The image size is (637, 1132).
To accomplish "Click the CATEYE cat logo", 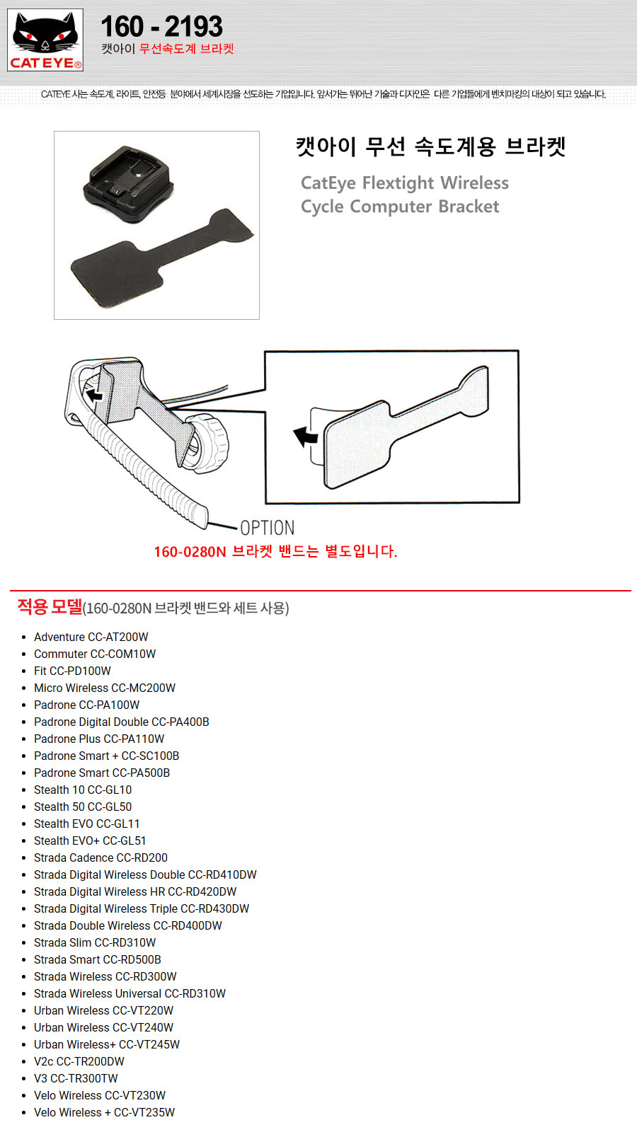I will click(45, 40).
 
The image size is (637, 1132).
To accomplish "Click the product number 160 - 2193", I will click(161, 27).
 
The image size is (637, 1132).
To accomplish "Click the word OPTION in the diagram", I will click(267, 528).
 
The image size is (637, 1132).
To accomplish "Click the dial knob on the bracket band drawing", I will click(207, 442).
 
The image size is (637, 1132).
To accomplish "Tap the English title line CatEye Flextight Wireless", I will click(404, 183).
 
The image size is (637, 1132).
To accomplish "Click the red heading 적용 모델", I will click(50, 606).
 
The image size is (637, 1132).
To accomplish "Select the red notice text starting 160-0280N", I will click(275, 552).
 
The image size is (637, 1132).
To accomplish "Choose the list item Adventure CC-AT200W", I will click(91, 637).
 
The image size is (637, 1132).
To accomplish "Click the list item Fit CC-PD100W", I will click(72, 671).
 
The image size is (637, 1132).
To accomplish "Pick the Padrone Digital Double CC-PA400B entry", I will click(121, 722).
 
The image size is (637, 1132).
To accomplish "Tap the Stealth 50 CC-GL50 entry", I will click(83, 807).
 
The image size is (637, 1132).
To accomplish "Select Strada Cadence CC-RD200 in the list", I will click(101, 857).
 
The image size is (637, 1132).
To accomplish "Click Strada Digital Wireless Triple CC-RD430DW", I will click(142, 908).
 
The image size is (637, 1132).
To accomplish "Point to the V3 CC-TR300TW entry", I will click(76, 1078).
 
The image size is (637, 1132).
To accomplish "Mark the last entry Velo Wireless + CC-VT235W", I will click(104, 1112).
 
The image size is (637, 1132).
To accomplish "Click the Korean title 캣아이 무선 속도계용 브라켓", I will click(430, 146).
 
